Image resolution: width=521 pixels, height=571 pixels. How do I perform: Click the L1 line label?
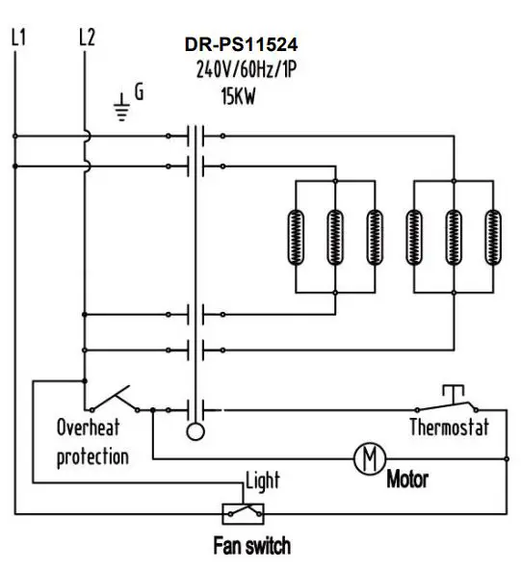point(17,38)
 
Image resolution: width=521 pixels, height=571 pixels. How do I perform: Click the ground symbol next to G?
point(120,105)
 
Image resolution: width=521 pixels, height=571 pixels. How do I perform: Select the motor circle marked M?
point(367,458)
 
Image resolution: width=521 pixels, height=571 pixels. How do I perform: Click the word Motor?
point(407,479)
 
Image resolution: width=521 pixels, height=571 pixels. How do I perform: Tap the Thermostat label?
point(450,427)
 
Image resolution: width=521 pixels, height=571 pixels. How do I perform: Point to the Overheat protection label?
point(92,441)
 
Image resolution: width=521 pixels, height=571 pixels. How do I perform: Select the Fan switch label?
point(250,546)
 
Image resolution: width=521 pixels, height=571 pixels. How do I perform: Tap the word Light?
point(263,480)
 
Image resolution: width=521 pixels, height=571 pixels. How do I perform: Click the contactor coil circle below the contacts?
point(196,430)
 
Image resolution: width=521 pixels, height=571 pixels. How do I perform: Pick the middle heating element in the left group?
point(334,236)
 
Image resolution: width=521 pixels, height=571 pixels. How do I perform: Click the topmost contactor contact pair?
point(196,136)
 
